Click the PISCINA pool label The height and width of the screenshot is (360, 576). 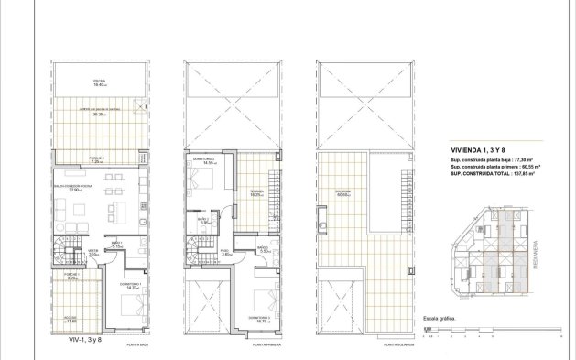(x=99, y=82)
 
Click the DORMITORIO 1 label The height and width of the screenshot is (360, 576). (x=129, y=285)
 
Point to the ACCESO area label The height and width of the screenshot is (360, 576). (x=71, y=320)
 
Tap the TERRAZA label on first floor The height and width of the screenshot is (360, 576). (x=257, y=193)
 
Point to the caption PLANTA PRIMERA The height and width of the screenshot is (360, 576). (x=266, y=345)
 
